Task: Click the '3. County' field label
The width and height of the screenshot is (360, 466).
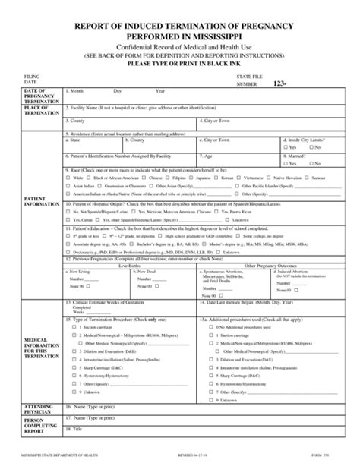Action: (x=77, y=121)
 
